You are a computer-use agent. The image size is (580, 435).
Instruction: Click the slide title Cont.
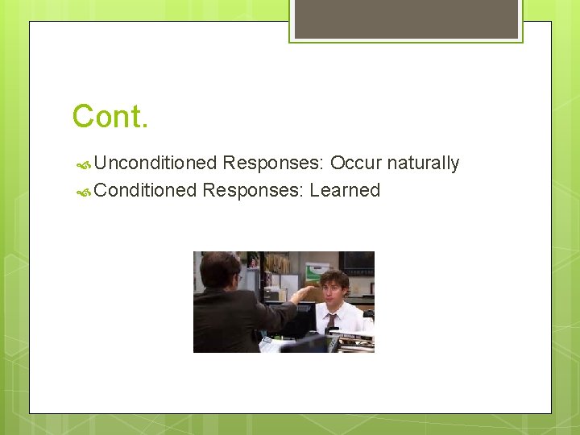tap(110, 117)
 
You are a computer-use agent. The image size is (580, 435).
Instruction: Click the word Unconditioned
tap(155, 164)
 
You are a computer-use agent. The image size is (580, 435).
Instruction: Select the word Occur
tap(355, 164)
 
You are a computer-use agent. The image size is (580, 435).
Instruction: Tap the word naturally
tap(423, 164)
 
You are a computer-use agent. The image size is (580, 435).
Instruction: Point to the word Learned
tap(345, 191)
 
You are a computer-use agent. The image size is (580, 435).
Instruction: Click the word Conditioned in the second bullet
tap(145, 191)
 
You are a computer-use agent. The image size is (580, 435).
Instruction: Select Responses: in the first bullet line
tap(273, 164)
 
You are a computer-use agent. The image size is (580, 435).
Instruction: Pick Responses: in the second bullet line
tap(253, 191)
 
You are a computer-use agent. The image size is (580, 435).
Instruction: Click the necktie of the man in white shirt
tap(331, 322)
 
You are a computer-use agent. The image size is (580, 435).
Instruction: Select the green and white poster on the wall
tap(317, 271)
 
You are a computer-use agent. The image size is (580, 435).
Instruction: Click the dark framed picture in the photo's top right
tap(357, 262)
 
